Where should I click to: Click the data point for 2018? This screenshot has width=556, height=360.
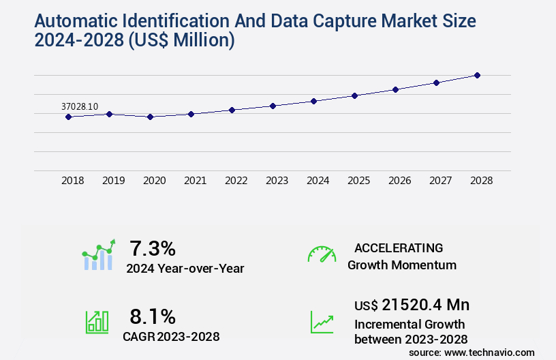pyautogui.click(x=68, y=117)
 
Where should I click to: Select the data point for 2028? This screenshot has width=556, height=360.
pyautogui.click(x=477, y=75)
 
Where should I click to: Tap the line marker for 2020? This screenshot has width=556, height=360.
pyautogui.click(x=150, y=117)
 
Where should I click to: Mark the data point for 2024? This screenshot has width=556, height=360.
pyautogui.click(x=313, y=101)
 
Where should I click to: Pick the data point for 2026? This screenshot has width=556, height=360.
pyautogui.click(x=395, y=89)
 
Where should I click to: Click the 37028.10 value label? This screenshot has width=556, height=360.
pyautogui.click(x=80, y=106)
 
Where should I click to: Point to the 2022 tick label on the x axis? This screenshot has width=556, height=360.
pyautogui.click(x=236, y=181)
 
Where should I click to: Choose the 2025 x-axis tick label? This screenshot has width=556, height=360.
pyautogui.click(x=358, y=181)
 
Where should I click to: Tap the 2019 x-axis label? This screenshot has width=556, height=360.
pyautogui.click(x=113, y=181)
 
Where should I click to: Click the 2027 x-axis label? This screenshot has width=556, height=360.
pyautogui.click(x=440, y=181)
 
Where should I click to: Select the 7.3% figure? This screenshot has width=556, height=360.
pyautogui.click(x=153, y=248)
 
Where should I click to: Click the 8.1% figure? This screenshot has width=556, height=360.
pyautogui.click(x=153, y=316)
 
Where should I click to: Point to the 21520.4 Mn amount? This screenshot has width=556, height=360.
pyautogui.click(x=425, y=305)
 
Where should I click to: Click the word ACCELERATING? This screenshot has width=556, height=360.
pyautogui.click(x=399, y=248)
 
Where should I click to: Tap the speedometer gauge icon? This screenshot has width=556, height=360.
pyautogui.click(x=322, y=254)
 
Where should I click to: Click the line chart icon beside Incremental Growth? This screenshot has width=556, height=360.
pyautogui.click(x=322, y=322)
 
